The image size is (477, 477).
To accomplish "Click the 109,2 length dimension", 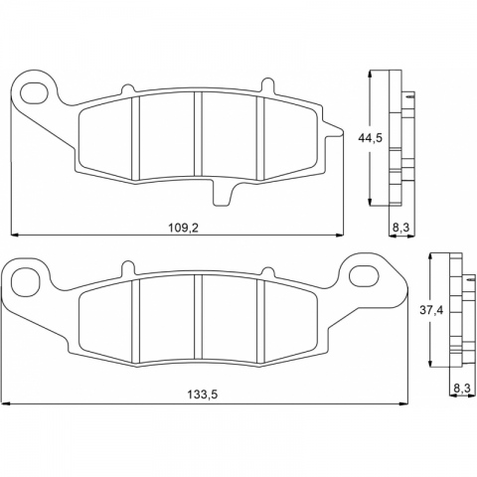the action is coord(183,228).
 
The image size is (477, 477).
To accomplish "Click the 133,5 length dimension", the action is coord(203,395).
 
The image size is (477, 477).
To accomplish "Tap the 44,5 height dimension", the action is coord(370,137).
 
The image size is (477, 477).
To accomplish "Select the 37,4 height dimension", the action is coord(431,310).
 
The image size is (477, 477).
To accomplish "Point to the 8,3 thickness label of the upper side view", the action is coord(400,228).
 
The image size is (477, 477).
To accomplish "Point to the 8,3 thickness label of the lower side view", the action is coord(462,389).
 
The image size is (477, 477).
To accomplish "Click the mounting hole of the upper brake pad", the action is coord(34,91).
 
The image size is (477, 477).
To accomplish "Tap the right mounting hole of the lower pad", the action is coord(364,275).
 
